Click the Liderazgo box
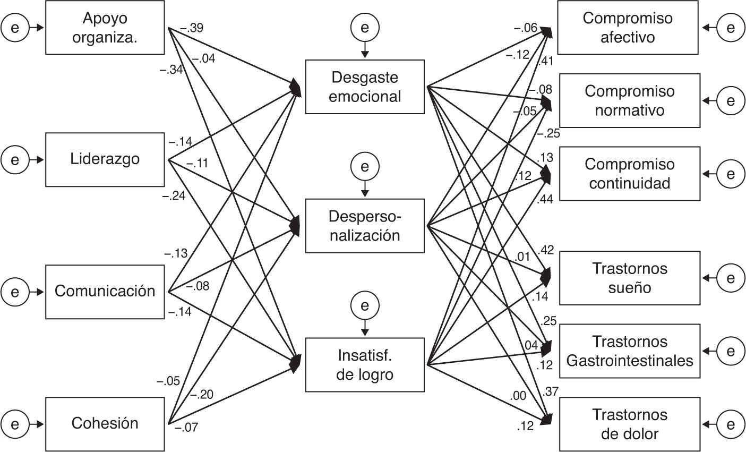(x=105, y=159)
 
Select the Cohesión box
(x=105, y=423)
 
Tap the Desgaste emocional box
(x=365, y=87)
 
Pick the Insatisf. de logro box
(x=365, y=364)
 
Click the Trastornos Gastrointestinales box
(x=630, y=351)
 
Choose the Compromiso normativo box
(x=630, y=100)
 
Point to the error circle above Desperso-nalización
(x=365, y=166)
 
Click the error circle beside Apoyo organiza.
(x=15, y=27)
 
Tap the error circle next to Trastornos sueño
(x=731, y=278)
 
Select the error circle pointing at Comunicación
(x=15, y=292)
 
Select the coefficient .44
(x=545, y=199)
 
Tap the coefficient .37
(x=551, y=391)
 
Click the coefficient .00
(x=518, y=396)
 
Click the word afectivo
(x=628, y=37)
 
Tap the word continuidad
(x=630, y=183)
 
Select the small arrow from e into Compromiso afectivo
(x=709, y=27)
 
